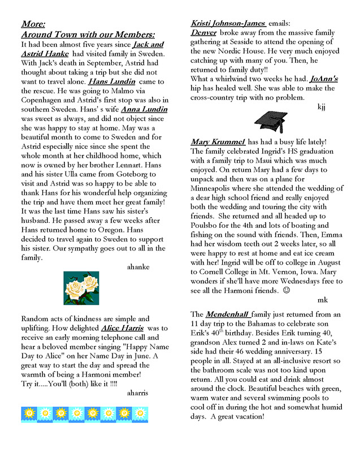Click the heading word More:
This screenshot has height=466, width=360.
pyautogui.click(x=33, y=24)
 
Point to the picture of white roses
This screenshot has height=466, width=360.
pyautogui.click(x=81, y=289)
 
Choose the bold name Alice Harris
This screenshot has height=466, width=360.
pyautogui.click(x=122, y=328)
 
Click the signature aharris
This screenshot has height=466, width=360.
pyautogui.click(x=137, y=392)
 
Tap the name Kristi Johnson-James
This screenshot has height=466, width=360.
pyautogui.click(x=228, y=23)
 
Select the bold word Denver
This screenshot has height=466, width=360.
pyautogui.click(x=203, y=33)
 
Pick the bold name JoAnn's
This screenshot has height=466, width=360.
pyautogui.click(x=322, y=79)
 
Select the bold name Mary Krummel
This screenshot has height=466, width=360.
pyautogui.click(x=218, y=142)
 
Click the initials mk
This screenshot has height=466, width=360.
pyautogui.click(x=322, y=300)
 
